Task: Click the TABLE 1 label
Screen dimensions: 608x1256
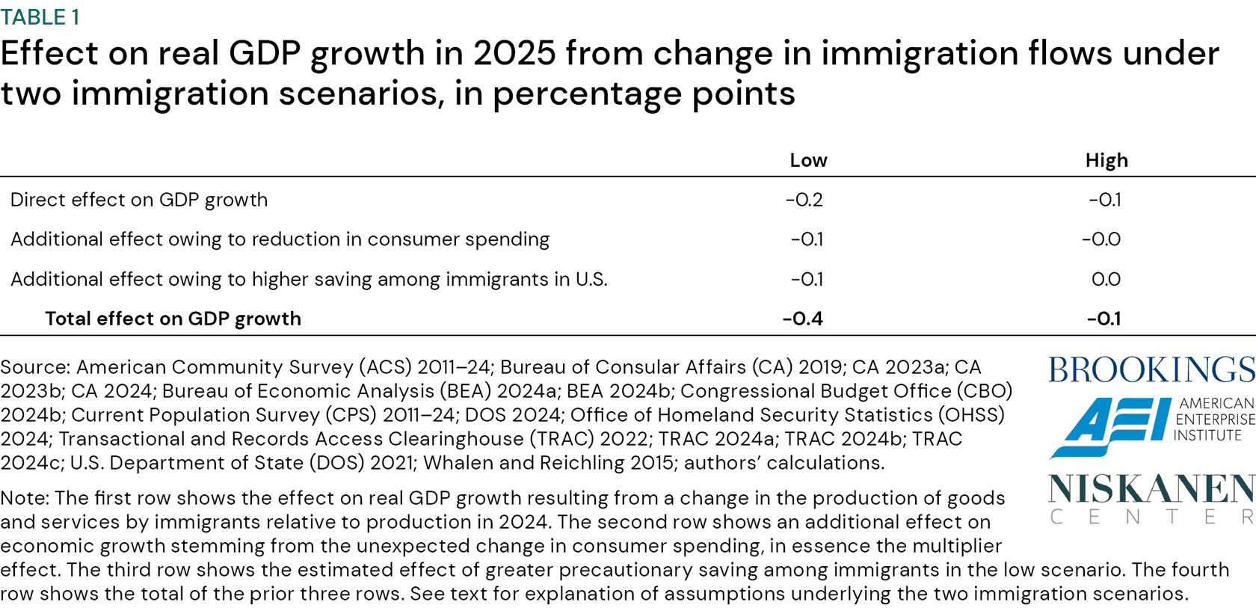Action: [x=40, y=17]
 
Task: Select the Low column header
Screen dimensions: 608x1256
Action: [x=807, y=160]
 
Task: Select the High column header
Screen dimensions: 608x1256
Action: [x=1106, y=160]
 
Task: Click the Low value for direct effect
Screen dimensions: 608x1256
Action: [x=804, y=200]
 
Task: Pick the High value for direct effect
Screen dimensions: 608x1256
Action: [x=1104, y=200]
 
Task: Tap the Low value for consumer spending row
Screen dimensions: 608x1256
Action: [x=807, y=239]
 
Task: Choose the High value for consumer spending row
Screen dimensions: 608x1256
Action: [x=1101, y=239]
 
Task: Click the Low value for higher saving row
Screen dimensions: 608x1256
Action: [x=807, y=279]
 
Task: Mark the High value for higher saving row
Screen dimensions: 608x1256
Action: [x=1106, y=279]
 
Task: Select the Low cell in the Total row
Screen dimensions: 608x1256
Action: [x=802, y=319]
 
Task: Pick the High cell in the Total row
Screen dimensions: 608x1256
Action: [x=1103, y=319]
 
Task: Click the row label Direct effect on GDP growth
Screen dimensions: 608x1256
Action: [x=139, y=200]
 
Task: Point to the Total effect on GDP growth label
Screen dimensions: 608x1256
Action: [x=173, y=319]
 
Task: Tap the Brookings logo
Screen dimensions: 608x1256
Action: [x=1151, y=370]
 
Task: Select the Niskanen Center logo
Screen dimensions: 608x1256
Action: [x=1151, y=497]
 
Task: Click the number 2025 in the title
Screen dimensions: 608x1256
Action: [x=514, y=54]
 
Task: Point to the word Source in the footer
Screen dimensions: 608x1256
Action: [x=34, y=367]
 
